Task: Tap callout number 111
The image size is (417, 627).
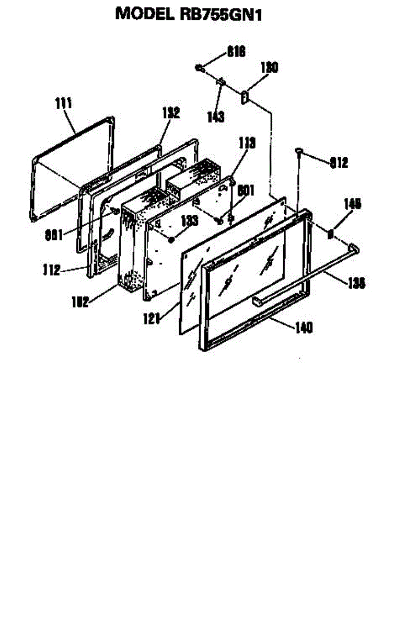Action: coord(63,103)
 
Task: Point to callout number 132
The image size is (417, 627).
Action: coord(171,112)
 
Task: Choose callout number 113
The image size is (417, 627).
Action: coord(247,142)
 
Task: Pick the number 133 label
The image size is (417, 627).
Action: coord(190,221)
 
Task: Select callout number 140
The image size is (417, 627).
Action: coord(304,328)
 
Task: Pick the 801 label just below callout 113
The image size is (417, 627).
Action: coord(246,191)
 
